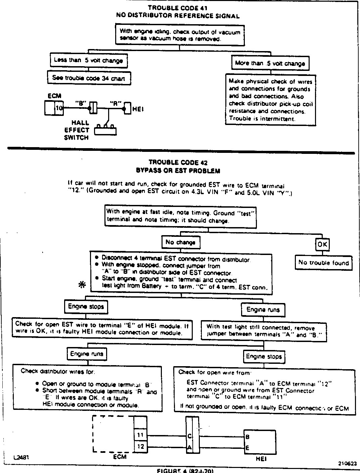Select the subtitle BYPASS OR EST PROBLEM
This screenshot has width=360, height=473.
178,171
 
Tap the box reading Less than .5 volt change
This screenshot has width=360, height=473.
89,60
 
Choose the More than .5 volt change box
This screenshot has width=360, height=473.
270,63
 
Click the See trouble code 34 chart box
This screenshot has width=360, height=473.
89,78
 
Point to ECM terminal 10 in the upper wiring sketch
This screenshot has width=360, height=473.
58,108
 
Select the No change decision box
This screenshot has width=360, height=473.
180,242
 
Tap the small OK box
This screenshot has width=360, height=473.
322,245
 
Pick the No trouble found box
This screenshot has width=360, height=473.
324,263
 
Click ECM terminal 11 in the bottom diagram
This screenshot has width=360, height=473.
140,435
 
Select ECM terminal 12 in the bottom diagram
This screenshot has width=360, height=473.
140,447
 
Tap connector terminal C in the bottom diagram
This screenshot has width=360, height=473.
189,436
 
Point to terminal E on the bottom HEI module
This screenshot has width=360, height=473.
247,447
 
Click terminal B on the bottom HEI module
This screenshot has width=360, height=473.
247,437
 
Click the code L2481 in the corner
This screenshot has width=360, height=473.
21,458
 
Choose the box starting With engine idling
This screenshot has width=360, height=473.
180,35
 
